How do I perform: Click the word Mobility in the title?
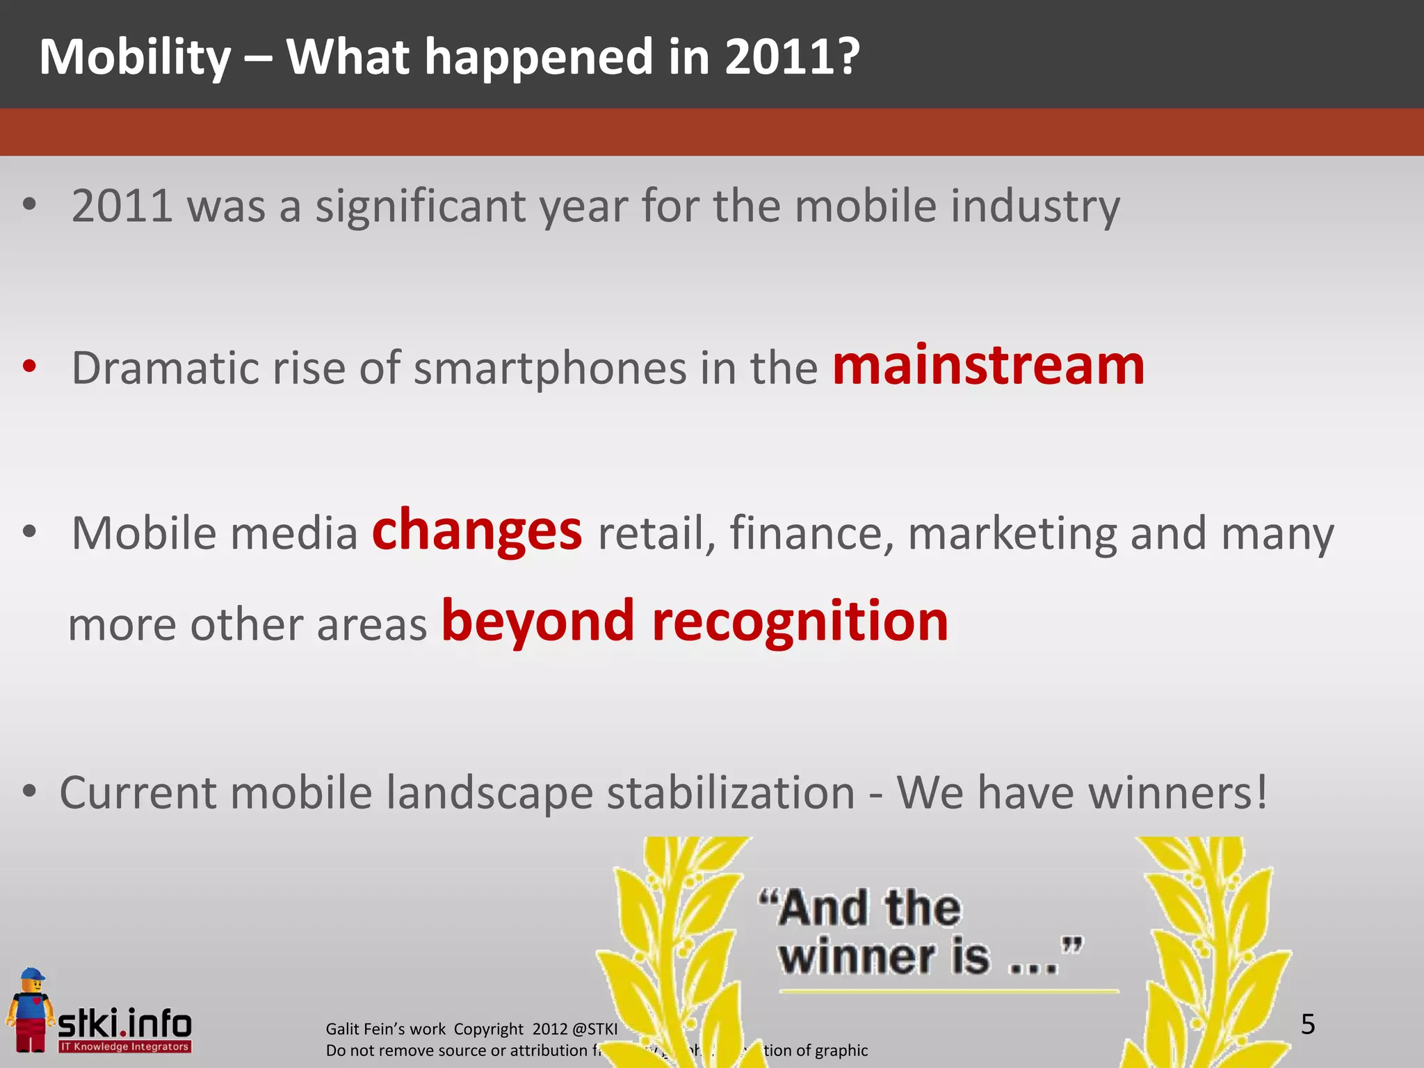pos(135,57)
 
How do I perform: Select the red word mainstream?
pos(988,366)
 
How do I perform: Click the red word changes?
pos(477,531)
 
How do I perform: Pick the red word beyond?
pos(538,622)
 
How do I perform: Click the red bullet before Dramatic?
pos(29,366)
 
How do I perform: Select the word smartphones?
pos(550,368)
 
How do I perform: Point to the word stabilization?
pos(730,793)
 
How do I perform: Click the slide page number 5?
pos(1307,1024)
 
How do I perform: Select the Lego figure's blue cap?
pos(31,975)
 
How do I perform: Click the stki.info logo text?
pos(125,1023)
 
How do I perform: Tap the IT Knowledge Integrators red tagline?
pos(124,1046)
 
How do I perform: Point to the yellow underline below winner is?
pos(948,991)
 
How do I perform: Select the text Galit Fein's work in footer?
pos(385,1029)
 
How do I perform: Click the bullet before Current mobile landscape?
pos(29,792)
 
